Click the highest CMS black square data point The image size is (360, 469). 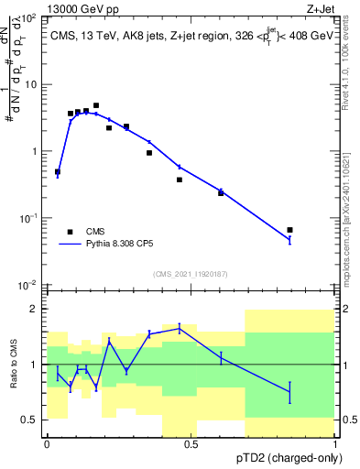click(x=96, y=106)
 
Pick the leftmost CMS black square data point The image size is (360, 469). click(x=58, y=171)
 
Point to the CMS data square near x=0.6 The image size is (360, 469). click(x=221, y=193)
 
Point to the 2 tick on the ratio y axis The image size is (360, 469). click(x=35, y=309)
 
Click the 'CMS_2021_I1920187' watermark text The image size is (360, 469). click(x=191, y=273)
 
